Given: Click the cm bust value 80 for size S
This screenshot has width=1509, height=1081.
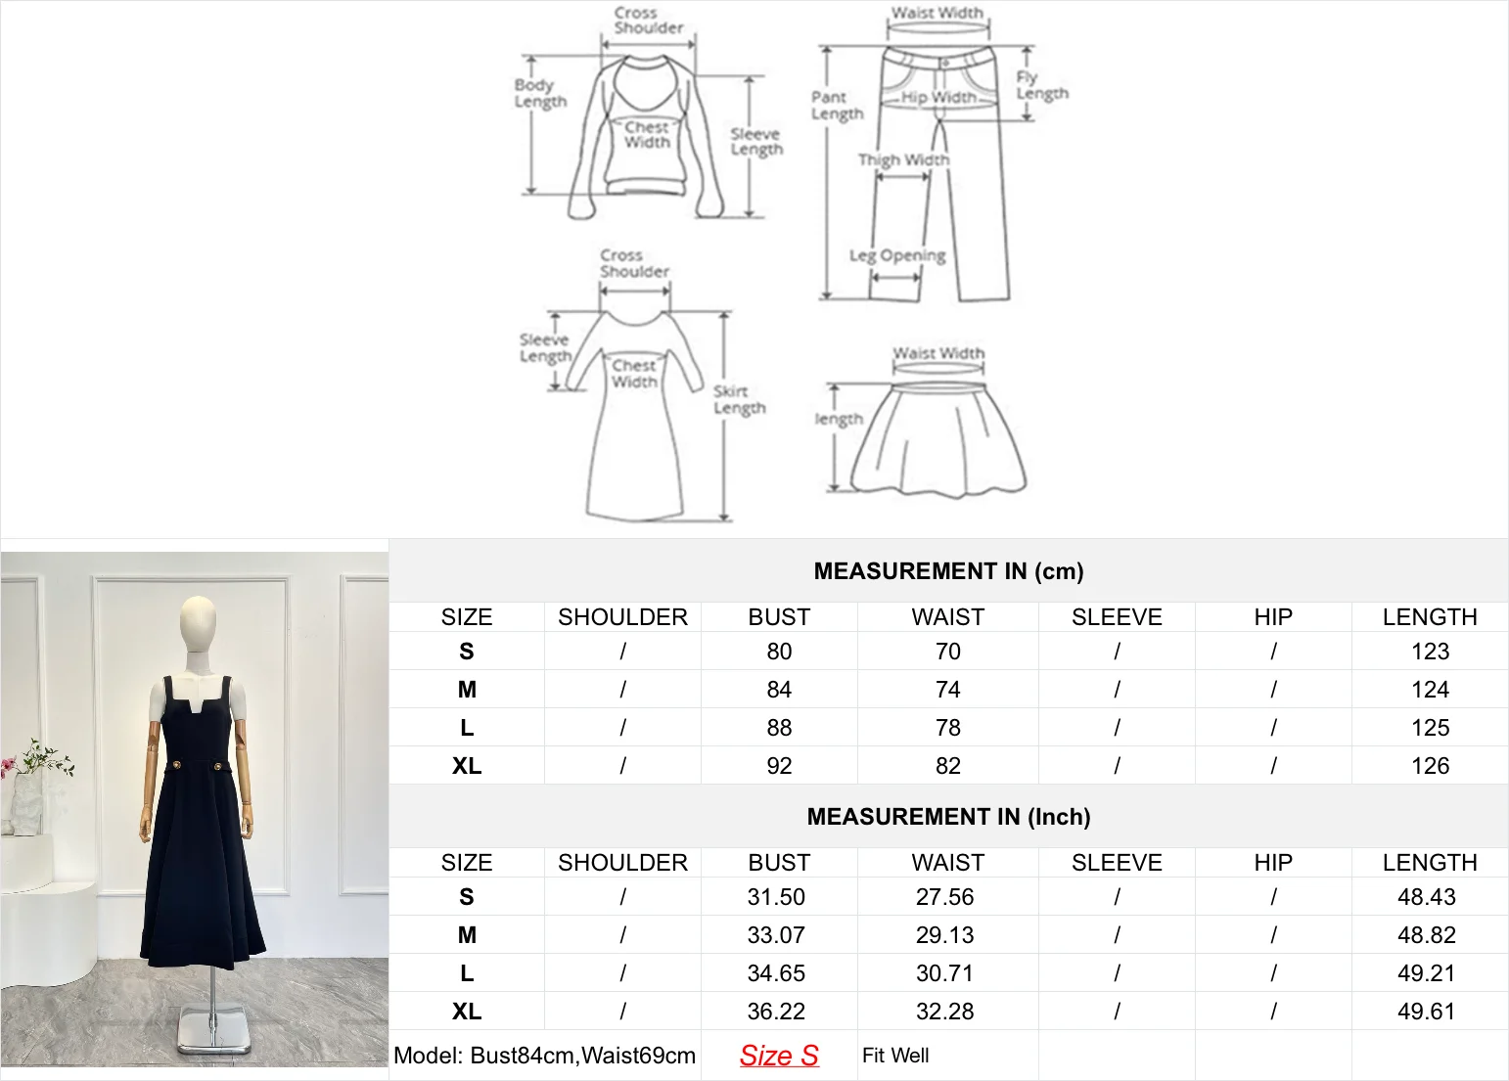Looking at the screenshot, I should [779, 652].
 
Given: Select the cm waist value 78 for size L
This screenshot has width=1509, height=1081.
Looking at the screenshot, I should [947, 728].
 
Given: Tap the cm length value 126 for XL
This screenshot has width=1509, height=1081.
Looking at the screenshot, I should [1430, 766].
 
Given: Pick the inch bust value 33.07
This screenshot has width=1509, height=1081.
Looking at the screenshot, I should [776, 935].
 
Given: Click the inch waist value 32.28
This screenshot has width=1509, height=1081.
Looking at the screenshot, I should [944, 1012].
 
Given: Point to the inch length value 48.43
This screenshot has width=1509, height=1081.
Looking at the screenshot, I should [1426, 897].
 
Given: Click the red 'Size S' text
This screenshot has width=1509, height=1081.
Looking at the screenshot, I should [779, 1056].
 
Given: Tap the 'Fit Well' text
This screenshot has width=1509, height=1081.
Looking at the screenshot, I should [895, 1056].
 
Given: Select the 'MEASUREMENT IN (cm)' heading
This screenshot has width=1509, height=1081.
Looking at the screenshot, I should [948, 571].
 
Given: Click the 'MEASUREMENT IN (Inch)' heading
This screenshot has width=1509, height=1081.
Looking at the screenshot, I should [948, 817].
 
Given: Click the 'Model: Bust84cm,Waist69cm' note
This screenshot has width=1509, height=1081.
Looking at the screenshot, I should [544, 1056].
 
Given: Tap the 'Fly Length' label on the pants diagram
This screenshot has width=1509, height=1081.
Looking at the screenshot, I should [1041, 85].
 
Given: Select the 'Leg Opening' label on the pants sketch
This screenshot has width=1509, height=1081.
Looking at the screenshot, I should [897, 255].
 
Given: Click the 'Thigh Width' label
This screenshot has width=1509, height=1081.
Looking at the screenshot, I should [903, 159].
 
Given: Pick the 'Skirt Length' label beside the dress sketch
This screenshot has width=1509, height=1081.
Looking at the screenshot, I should [739, 399].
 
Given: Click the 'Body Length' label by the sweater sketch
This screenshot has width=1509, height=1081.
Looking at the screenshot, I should [540, 93].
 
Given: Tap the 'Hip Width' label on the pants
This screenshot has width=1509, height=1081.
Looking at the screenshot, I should [938, 97].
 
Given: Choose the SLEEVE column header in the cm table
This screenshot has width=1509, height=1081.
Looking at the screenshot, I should [1117, 617].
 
